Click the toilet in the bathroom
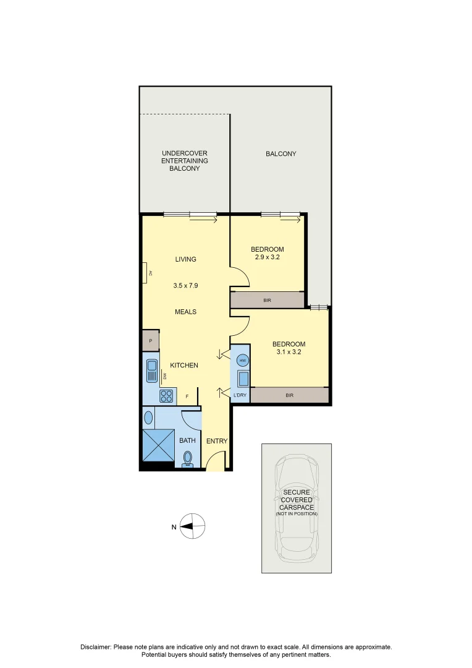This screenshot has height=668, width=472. [188, 458]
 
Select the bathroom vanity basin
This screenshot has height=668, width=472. [148, 417]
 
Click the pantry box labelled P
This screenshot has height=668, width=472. [150, 341]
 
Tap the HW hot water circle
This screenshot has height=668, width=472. [243, 361]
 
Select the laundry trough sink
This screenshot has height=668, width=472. [243, 378]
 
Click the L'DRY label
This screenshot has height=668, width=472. [240, 395]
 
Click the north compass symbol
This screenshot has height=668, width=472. [193, 526]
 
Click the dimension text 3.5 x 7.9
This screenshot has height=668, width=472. [185, 286]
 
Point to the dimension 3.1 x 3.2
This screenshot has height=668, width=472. [289, 353]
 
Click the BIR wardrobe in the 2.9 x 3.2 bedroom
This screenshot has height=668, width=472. [267, 301]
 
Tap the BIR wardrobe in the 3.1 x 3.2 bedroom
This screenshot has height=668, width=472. [289, 395]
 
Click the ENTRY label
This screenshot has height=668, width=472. [217, 441]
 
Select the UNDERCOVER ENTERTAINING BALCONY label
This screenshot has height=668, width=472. [185, 161]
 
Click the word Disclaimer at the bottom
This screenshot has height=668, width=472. [96, 647]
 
